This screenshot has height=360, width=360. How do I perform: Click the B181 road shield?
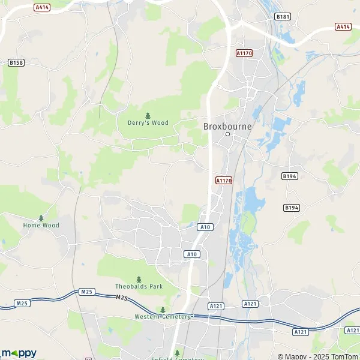pyautogui.click(x=283, y=16)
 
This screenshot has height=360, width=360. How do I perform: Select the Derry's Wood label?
pyautogui.click(x=148, y=123)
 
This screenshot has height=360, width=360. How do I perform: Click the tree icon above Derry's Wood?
pyautogui.click(x=148, y=115)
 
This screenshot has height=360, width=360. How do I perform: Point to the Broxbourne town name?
pyautogui.click(x=227, y=126)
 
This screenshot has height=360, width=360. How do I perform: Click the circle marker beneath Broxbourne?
pyautogui.click(x=227, y=134)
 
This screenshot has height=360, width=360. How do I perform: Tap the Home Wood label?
pyautogui.click(x=41, y=226)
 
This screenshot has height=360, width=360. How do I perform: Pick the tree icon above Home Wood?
pyautogui.click(x=41, y=218)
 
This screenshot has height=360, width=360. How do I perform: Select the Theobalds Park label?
pyautogui.click(x=139, y=287)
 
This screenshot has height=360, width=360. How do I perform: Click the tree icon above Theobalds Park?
pyautogui.click(x=139, y=279)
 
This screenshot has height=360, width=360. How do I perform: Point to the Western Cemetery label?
pyautogui.click(x=163, y=316)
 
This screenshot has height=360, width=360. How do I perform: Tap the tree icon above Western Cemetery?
pyautogui.click(x=162, y=310)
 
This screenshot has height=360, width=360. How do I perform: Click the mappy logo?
pyautogui.click(x=19, y=352)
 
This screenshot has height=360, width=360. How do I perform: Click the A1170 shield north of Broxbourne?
pyautogui.click(x=244, y=53)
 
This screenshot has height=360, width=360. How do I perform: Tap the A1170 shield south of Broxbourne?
pyautogui.click(x=223, y=180)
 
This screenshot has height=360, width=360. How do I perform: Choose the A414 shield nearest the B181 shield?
pyautogui.click(x=343, y=26)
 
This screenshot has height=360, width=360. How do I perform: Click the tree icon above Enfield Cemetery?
pyautogui.click(x=177, y=353)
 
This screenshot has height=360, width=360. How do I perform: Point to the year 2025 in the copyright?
pyautogui.click(x=319, y=356)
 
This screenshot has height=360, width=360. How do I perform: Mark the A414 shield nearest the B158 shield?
pyautogui.click(x=41, y=7)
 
